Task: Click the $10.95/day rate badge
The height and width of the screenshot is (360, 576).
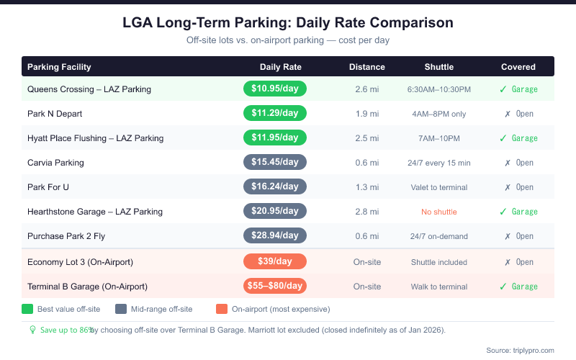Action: pyautogui.click(x=275, y=89)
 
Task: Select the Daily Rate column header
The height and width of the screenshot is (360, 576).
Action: pyautogui.click(x=281, y=67)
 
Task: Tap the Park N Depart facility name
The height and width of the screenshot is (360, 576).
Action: pyautogui.click(x=55, y=114)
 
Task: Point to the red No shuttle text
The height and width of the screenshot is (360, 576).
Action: pyautogui.click(x=438, y=212)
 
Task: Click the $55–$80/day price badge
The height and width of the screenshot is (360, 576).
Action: pyautogui.click(x=275, y=286)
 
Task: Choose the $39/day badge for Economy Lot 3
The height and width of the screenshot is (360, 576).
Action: pyautogui.click(x=275, y=261)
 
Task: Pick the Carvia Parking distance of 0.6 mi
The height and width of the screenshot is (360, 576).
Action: pyautogui.click(x=366, y=163)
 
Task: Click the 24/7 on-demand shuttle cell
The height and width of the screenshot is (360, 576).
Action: pyautogui.click(x=438, y=236)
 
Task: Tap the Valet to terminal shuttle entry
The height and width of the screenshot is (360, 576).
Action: pyautogui.click(x=438, y=187)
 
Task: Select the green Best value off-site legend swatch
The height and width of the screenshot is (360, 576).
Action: pyautogui.click(x=28, y=309)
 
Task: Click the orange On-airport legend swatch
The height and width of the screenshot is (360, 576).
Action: pyautogui.click(x=222, y=309)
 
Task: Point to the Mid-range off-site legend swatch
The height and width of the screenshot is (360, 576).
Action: pyautogui.click(x=120, y=309)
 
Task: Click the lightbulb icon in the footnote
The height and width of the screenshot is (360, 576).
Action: pyautogui.click(x=32, y=330)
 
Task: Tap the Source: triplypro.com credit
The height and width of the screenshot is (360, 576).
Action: pyautogui.click(x=520, y=350)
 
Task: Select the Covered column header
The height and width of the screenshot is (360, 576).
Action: pyautogui.click(x=518, y=67)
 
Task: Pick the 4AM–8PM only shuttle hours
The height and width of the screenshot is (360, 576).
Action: pyautogui.click(x=438, y=114)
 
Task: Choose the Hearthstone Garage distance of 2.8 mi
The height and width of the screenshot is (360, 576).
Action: pyautogui.click(x=366, y=212)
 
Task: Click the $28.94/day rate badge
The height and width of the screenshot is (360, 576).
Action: pyautogui.click(x=275, y=236)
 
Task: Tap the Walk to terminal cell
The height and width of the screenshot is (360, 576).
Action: pyautogui.click(x=438, y=287)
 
